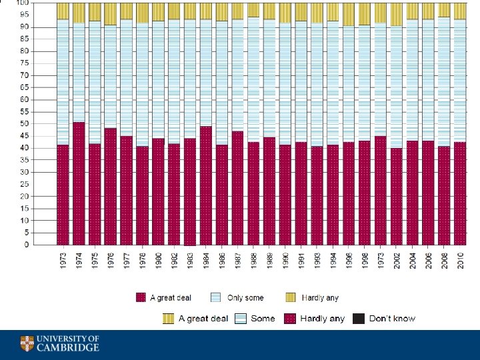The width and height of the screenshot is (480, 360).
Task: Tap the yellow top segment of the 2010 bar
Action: coord(459,11)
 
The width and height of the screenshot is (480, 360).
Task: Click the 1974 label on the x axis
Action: coord(79,259)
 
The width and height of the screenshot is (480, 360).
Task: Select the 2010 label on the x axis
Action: coord(460,259)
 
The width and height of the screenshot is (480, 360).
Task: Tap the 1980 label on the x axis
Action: coord(158,259)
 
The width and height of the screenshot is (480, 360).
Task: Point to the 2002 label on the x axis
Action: coord(397,259)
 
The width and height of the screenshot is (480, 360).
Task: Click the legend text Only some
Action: coord(245,298)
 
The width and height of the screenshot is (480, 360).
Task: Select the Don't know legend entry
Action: coord(392,319)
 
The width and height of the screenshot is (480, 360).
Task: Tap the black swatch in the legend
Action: coord(359,319)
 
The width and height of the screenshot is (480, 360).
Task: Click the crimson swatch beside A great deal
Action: coord(141,298)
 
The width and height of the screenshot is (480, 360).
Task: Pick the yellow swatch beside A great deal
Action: coord(169,319)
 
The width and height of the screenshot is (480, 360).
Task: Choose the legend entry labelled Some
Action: coord(263,319)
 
